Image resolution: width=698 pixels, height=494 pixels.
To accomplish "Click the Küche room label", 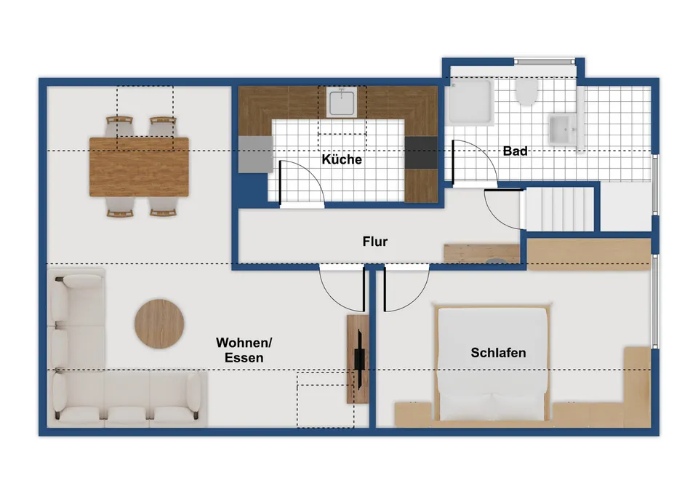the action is click(x=342, y=159).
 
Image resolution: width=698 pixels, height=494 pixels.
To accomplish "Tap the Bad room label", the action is click(x=515, y=151).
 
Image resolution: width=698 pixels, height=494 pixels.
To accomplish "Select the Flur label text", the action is click(x=375, y=242).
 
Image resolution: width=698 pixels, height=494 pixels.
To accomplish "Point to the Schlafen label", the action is click(x=498, y=353).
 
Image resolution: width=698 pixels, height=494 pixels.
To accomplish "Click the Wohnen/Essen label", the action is click(x=244, y=350).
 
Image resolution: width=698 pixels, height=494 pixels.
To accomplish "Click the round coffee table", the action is click(x=159, y=324).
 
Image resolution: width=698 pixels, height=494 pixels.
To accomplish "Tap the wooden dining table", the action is click(x=139, y=167).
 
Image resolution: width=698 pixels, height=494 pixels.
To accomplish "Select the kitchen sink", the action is click(x=342, y=102).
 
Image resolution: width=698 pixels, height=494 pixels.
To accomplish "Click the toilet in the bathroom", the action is click(x=526, y=92).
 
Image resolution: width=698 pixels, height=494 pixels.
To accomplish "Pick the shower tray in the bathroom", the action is click(x=470, y=102).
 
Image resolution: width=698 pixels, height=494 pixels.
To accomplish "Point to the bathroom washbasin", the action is click(x=563, y=130).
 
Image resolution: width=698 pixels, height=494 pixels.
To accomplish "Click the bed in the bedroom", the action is click(x=492, y=362).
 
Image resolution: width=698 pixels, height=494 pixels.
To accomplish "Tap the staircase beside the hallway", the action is click(x=560, y=210).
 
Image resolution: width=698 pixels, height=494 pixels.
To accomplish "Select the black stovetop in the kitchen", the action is click(x=421, y=153).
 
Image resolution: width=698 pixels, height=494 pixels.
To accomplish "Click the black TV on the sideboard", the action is click(x=359, y=359).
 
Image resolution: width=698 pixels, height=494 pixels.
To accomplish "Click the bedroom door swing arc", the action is click(x=417, y=298).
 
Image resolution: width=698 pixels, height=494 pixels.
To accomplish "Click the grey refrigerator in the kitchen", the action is click(x=255, y=154).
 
